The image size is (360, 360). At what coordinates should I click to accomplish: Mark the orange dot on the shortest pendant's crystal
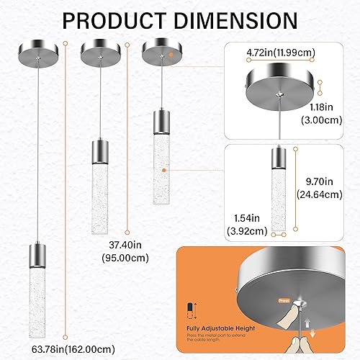click(165, 171)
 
